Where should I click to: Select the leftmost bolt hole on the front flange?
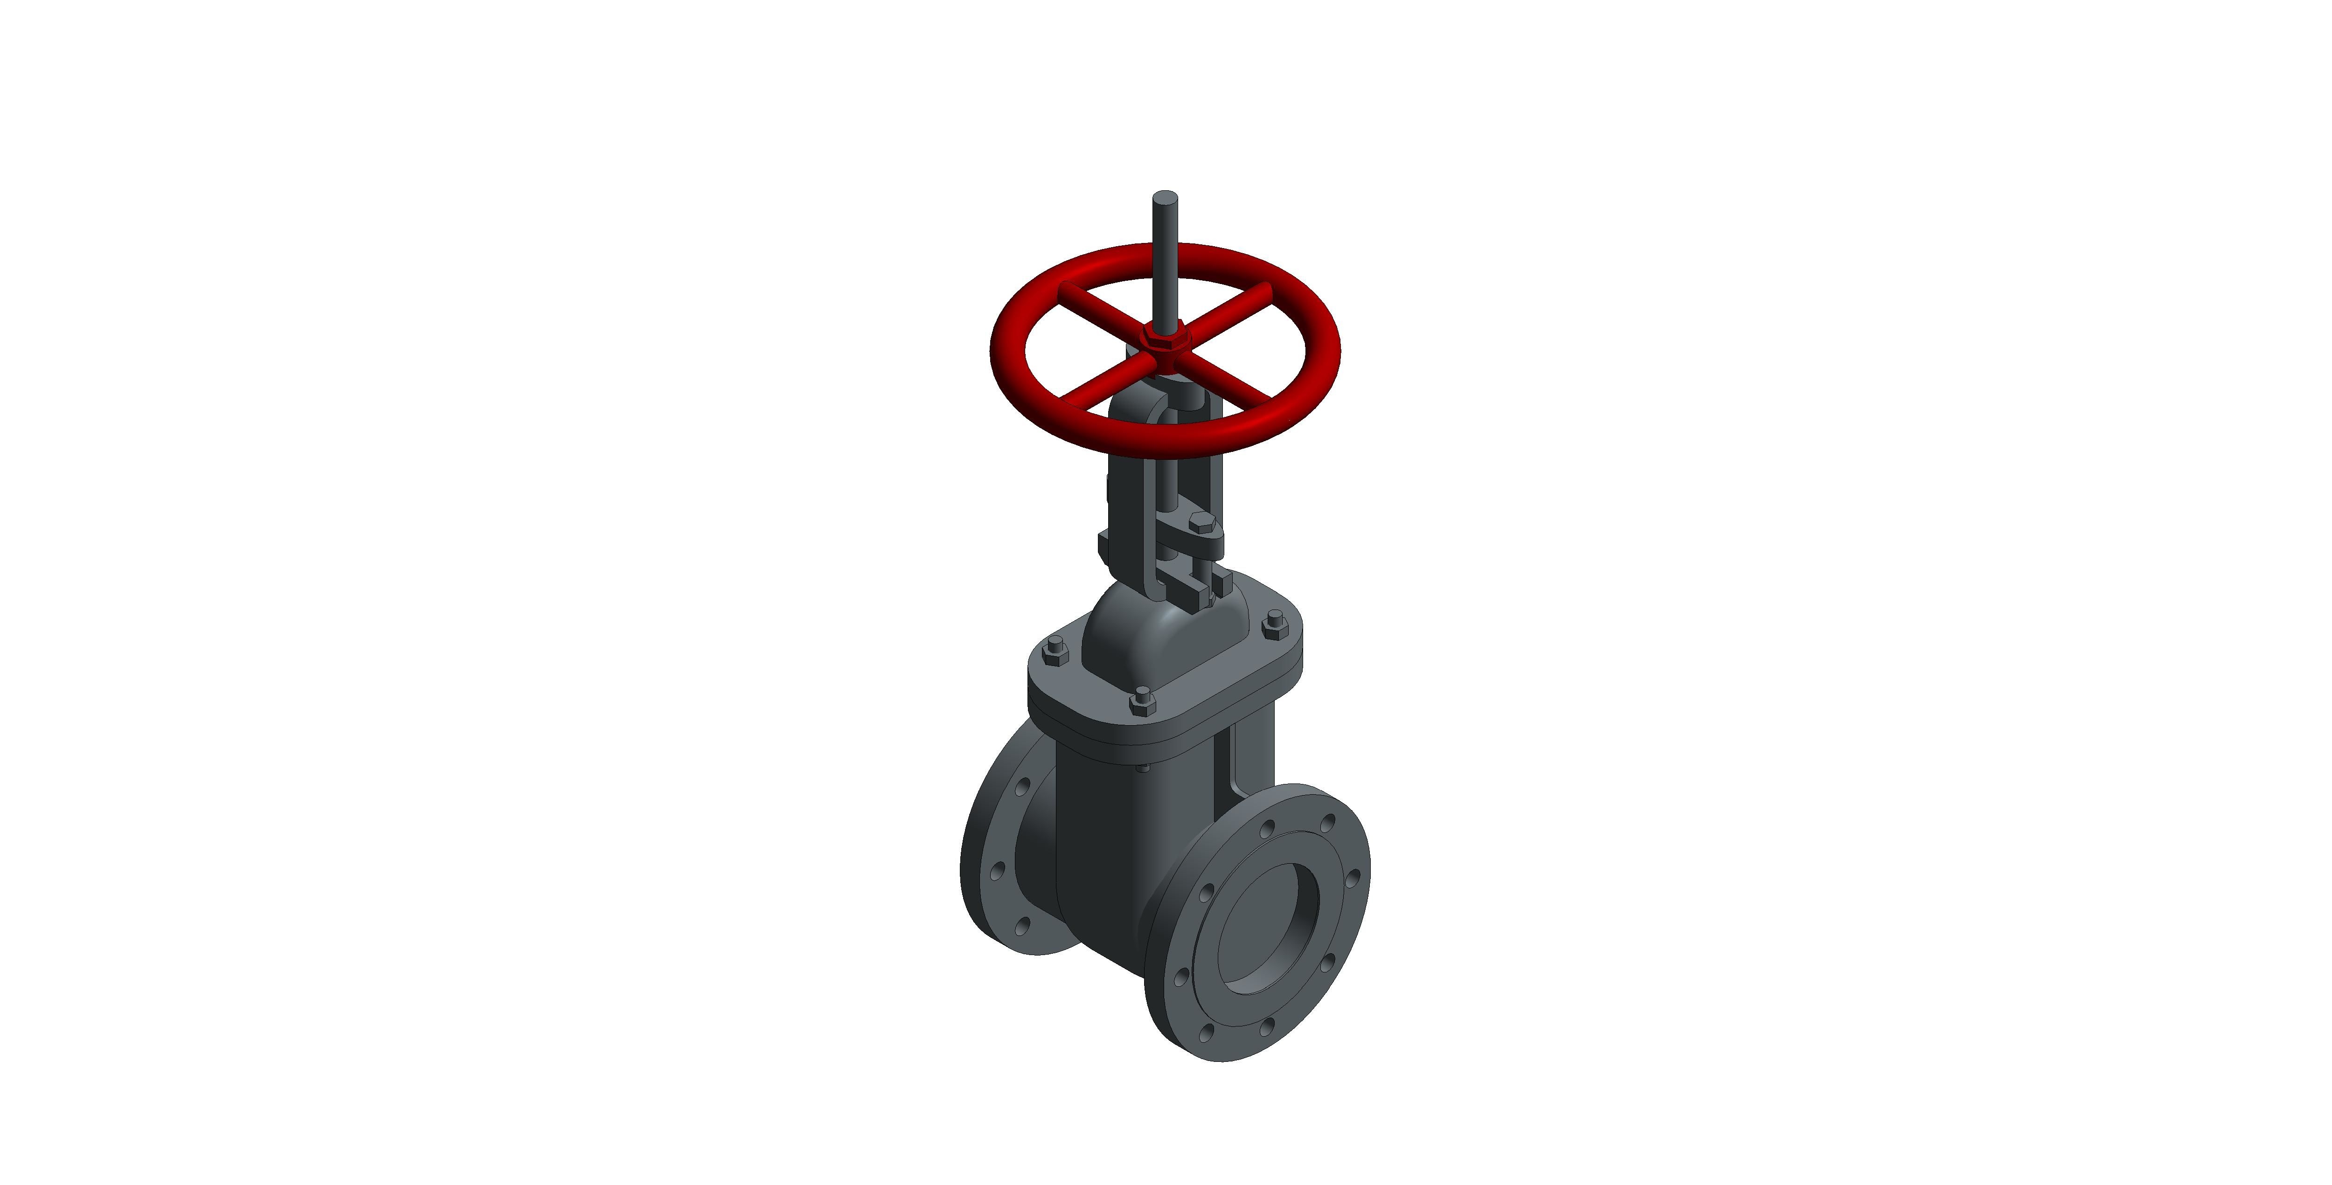click(1180, 977)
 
